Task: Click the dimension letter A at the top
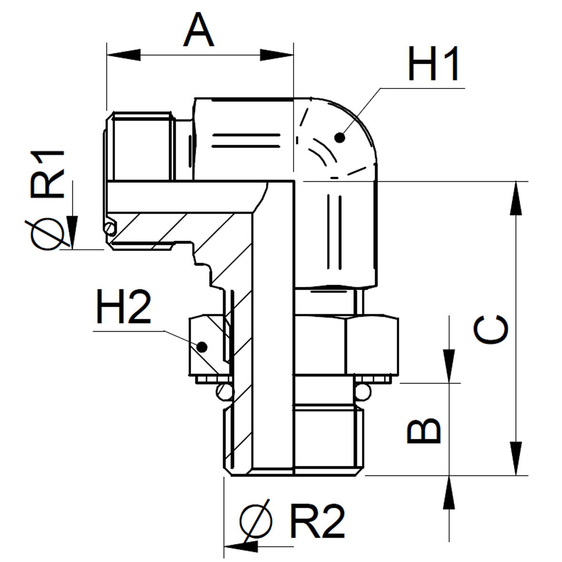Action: pyautogui.click(x=198, y=30)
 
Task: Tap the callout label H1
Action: pyautogui.click(x=434, y=63)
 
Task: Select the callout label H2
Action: pyautogui.click(x=124, y=307)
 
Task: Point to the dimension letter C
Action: pyautogui.click(x=491, y=329)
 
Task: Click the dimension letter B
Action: pyautogui.click(x=424, y=431)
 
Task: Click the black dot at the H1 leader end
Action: pyautogui.click(x=339, y=137)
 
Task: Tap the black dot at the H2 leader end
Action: pyautogui.click(x=202, y=346)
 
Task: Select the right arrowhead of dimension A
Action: pyautogui.click(x=276, y=55)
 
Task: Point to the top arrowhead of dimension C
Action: pyautogui.click(x=516, y=198)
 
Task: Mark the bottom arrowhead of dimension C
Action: pyautogui.click(x=516, y=458)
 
